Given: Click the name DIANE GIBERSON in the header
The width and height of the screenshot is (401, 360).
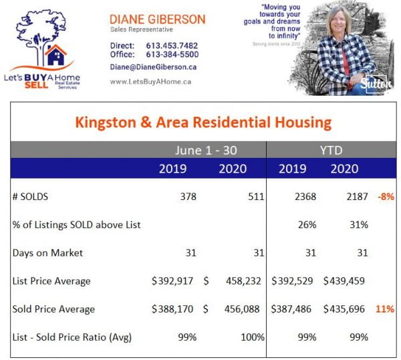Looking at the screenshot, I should (x=157, y=19).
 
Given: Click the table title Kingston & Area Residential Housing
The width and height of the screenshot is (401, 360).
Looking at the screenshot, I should (x=203, y=122).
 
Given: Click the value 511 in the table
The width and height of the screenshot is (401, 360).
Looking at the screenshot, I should (x=256, y=197).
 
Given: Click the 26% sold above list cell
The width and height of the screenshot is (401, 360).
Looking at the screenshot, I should (x=307, y=225).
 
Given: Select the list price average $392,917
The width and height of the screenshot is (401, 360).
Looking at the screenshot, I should (x=174, y=281).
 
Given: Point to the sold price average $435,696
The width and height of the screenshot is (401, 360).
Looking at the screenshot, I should (x=345, y=309).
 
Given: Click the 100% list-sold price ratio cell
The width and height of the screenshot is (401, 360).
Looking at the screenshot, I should (x=253, y=337).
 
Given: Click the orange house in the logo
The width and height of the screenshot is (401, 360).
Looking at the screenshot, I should (x=54, y=55).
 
